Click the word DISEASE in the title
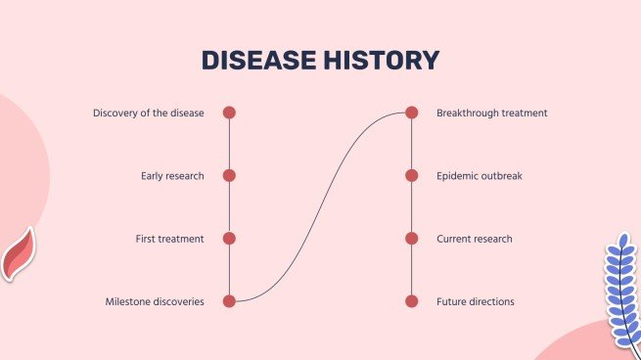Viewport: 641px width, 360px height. click(x=259, y=61)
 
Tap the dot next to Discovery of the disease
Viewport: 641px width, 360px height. click(x=229, y=112)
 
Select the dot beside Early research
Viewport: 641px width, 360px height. click(x=229, y=176)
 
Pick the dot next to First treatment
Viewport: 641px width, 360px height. click(x=229, y=239)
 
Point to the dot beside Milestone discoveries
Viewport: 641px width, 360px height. click(x=229, y=301)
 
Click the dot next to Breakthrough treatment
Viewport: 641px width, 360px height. click(x=412, y=112)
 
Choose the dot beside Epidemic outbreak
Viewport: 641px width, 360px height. click(x=412, y=176)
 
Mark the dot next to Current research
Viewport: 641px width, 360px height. click(x=412, y=239)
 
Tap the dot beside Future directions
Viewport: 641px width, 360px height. click(x=412, y=301)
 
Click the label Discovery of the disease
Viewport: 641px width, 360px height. click(x=149, y=113)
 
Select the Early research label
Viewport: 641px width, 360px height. click(x=172, y=176)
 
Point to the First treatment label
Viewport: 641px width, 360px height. click(x=170, y=239)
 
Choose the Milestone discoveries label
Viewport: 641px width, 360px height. click(x=155, y=302)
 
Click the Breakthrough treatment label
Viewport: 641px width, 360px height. click(x=492, y=113)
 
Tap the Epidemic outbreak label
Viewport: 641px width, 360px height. click(x=480, y=176)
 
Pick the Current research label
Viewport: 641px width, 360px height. click(x=475, y=239)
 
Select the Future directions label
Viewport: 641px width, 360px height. click(x=476, y=302)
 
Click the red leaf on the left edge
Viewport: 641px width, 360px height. click(x=18, y=254)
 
